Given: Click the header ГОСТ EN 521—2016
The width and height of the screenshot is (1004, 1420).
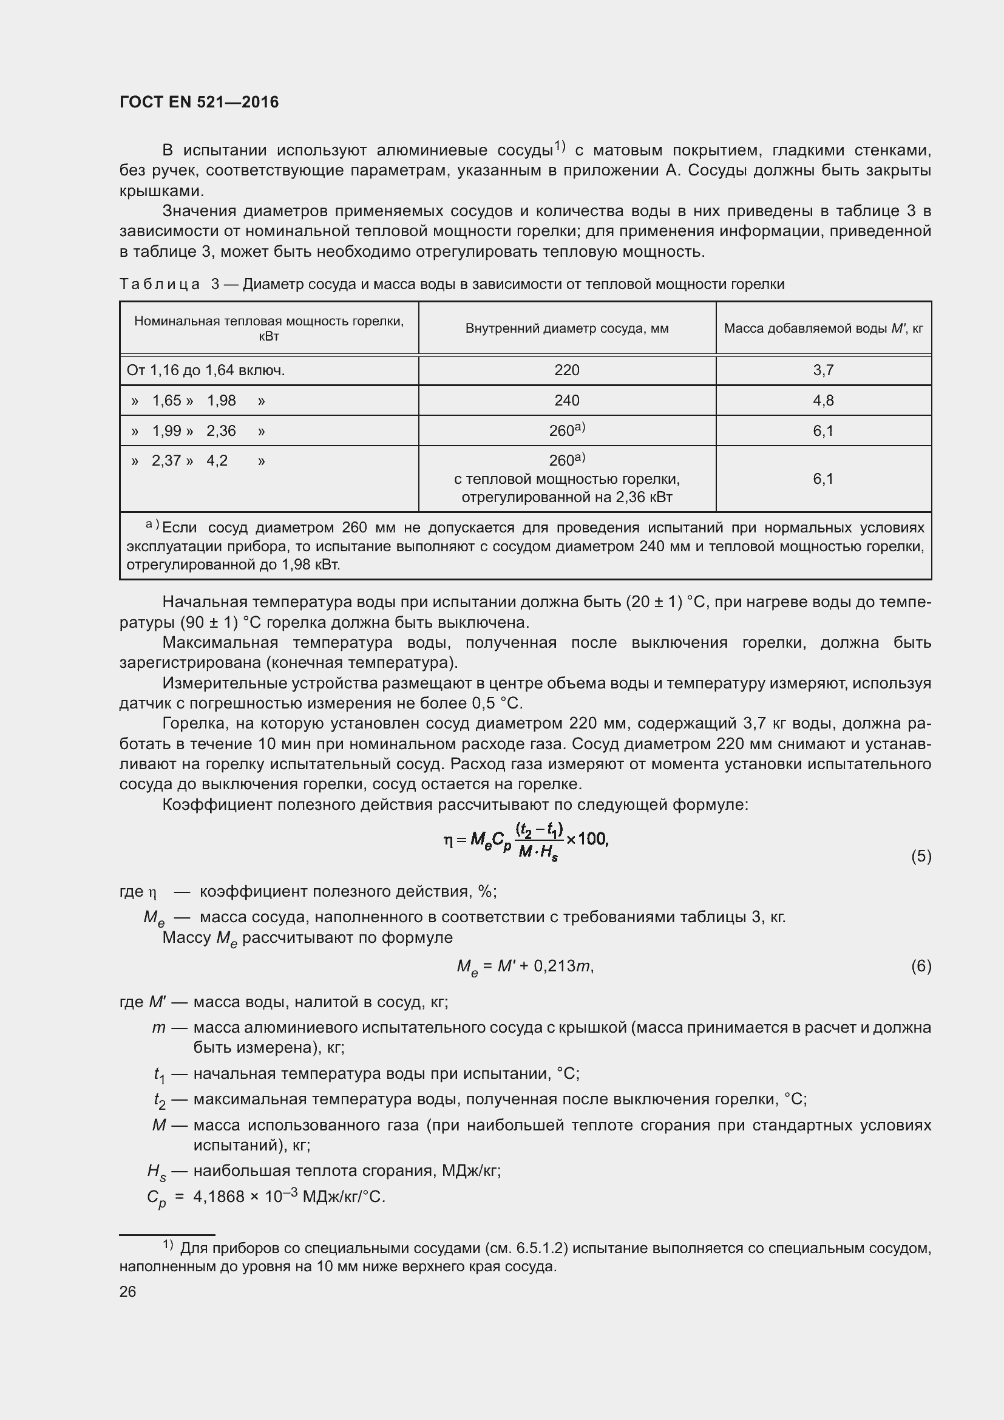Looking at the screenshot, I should click(199, 102).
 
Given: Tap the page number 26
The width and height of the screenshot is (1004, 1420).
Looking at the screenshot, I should click(128, 1292).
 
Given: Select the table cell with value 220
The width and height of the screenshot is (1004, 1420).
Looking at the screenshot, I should click(566, 370).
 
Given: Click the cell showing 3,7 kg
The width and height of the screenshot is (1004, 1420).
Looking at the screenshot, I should click(823, 370).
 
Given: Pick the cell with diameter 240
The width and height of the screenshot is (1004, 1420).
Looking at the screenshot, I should click(566, 401).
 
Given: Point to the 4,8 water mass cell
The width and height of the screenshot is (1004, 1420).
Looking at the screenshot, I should click(823, 401).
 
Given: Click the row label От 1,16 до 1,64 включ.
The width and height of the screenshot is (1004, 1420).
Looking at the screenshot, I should click(205, 370).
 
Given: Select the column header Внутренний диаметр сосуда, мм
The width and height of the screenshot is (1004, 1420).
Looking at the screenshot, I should click(566, 328).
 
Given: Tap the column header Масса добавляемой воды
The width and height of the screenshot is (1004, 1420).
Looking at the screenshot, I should click(823, 328).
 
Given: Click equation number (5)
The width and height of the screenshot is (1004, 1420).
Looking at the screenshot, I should click(921, 856).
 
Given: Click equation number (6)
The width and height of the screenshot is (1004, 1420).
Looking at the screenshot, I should click(921, 966).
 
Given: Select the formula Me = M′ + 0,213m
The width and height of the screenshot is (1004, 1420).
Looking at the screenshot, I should click(525, 966).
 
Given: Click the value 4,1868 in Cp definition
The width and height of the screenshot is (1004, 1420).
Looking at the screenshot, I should click(219, 1197).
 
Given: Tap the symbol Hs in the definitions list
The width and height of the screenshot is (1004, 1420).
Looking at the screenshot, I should click(157, 1171).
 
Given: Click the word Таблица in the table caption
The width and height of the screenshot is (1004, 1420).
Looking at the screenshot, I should click(160, 285).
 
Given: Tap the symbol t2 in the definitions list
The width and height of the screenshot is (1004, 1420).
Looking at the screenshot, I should click(160, 1100).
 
